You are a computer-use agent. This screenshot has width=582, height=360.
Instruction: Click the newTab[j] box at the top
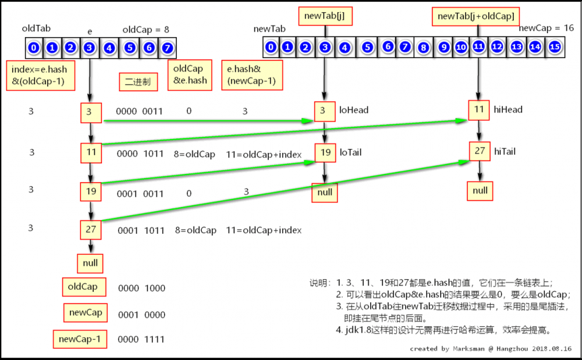point(324,16)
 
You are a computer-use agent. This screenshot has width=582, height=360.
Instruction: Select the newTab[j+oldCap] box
point(475,16)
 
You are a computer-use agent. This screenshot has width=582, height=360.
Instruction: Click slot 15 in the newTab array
point(555,47)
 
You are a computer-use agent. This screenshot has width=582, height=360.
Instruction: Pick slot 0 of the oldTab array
point(34,47)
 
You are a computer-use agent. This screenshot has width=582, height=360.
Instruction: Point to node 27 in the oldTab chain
point(90,229)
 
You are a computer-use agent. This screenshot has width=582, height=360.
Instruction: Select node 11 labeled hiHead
point(479,109)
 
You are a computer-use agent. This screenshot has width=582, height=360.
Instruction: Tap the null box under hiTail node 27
point(480,190)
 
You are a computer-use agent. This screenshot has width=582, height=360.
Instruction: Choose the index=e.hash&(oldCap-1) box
point(40,76)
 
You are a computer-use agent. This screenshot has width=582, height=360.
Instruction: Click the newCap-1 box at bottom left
point(80,338)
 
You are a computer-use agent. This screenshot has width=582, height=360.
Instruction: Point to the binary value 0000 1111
point(141,339)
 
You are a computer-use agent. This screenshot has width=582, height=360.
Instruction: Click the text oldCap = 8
point(145,29)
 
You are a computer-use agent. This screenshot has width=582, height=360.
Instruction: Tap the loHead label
point(354,110)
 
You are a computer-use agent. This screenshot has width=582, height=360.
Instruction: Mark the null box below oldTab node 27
point(90,263)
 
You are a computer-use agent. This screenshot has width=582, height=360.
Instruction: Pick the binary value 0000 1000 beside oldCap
point(141,288)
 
